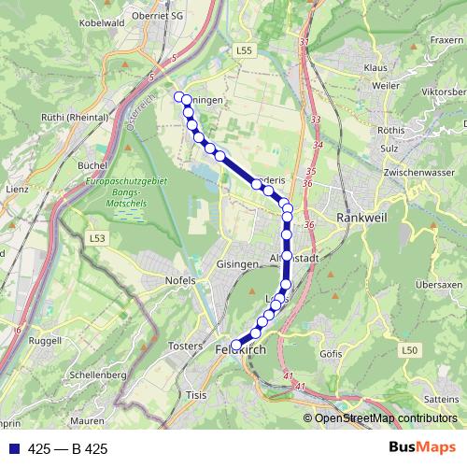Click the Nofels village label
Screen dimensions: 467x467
(x=178, y=279)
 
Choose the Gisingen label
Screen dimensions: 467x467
(x=236, y=264)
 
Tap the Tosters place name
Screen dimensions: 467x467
(x=184, y=346)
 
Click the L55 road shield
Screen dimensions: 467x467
(x=246, y=50)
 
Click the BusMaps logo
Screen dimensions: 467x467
(x=422, y=447)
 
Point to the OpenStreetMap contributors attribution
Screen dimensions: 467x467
(x=385, y=417)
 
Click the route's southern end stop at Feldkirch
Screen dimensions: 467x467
(x=236, y=344)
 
